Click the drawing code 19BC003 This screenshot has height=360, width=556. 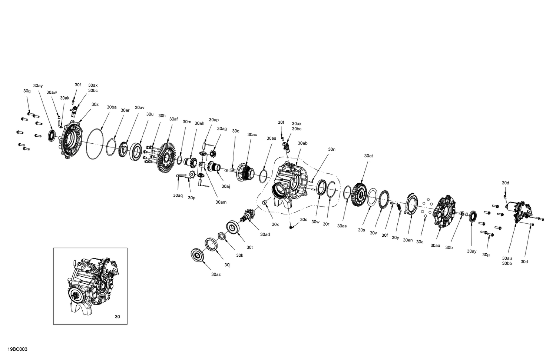click(17, 349)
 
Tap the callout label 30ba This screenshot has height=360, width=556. click(112, 107)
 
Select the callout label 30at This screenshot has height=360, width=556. click(368, 156)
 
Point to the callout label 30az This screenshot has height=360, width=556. click(216, 274)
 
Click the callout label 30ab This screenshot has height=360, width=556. click(302, 143)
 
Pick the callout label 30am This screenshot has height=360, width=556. click(221, 202)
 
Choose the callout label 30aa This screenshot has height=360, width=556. click(435, 245)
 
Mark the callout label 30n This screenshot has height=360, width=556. click(331, 149)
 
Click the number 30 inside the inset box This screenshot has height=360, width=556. click(118, 317)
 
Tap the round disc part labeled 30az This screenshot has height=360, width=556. click(197, 256)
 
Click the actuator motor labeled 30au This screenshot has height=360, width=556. click(519, 211)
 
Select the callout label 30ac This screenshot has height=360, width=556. click(252, 134)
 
